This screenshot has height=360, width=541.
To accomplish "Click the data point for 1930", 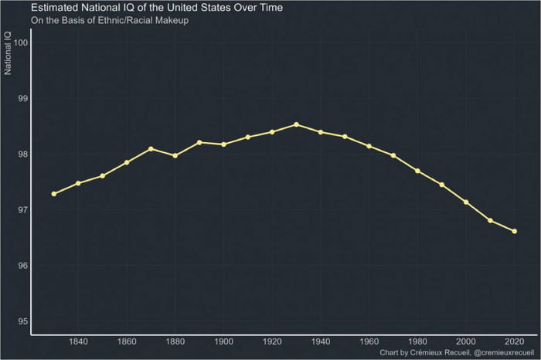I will coord(296,124).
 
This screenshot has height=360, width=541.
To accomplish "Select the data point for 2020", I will coord(514,231).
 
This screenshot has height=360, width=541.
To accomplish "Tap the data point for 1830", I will coord(53,194).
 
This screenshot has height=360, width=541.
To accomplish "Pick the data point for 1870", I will coord(151,148).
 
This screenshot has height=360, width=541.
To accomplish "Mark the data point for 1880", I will coord(175,155).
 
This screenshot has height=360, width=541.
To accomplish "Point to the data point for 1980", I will coord(417,171).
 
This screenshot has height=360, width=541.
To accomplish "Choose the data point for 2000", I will coord(466,202).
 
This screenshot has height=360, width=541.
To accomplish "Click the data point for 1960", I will coord(369,146).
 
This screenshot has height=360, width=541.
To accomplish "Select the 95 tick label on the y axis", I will coord(23,321).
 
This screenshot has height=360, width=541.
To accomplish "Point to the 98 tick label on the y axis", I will coord(23,154).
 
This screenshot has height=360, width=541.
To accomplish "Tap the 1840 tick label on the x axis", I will coord(78,342).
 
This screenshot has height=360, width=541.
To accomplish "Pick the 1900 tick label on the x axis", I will coord(223,342).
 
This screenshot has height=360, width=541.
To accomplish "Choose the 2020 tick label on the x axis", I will coord(514,342).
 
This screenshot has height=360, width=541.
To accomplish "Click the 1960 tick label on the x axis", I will coord(369,342).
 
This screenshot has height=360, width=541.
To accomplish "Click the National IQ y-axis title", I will coord(8,54).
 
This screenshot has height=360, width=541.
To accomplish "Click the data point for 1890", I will coord(199,142).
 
